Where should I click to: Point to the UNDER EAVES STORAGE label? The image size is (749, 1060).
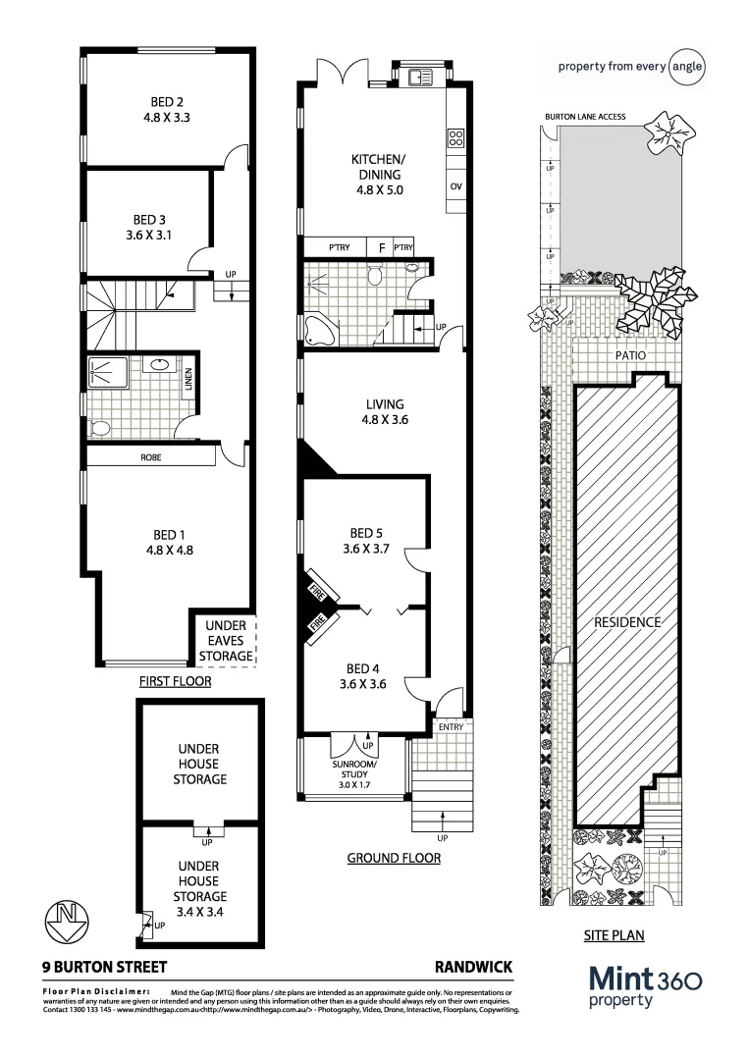point(225,641)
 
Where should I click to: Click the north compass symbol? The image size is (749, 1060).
point(67,920)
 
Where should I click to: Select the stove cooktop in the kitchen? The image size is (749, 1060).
point(455,138)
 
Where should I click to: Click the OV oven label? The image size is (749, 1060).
point(455,186)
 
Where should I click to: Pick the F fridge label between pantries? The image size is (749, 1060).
point(381,247)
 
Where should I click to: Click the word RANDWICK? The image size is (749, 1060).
point(473,967)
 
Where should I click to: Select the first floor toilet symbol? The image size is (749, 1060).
point(98,429)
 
